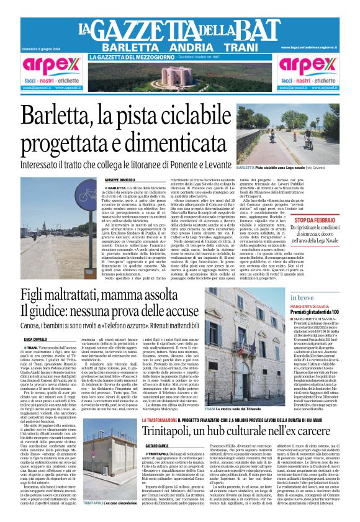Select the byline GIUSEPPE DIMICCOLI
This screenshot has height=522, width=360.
120,179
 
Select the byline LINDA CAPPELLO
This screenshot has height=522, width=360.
37,340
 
